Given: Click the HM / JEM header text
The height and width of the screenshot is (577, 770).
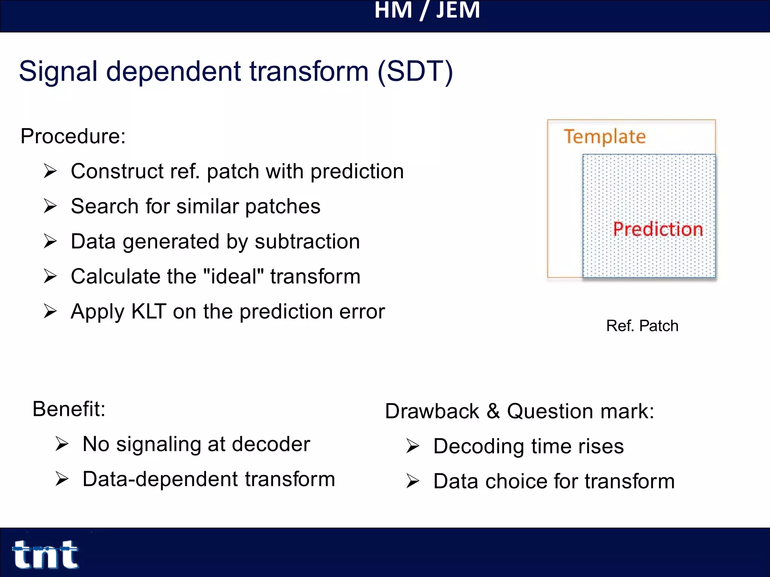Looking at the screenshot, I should pyautogui.click(x=427, y=11).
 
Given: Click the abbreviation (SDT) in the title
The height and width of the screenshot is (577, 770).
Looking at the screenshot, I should pyautogui.click(x=415, y=71).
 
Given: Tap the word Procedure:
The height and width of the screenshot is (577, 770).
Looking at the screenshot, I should pyautogui.click(x=73, y=136).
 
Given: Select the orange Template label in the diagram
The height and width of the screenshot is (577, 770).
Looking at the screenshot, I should pyautogui.click(x=605, y=137).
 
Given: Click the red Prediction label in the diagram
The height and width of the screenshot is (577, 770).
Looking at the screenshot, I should pyautogui.click(x=658, y=229).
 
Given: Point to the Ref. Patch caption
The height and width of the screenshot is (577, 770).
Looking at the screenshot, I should pyautogui.click(x=642, y=326).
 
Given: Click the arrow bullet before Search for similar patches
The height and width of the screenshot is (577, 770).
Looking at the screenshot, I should pyautogui.click(x=50, y=206).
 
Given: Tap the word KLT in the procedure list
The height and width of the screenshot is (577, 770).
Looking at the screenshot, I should pyautogui.click(x=149, y=311).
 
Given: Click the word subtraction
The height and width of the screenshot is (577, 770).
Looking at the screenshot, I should pyautogui.click(x=307, y=241).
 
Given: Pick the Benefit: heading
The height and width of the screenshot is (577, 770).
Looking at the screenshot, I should pyautogui.click(x=69, y=409).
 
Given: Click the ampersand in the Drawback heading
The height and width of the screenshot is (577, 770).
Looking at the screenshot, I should pyautogui.click(x=493, y=411).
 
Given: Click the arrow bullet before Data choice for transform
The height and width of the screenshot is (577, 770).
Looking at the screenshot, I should pyautogui.click(x=412, y=481).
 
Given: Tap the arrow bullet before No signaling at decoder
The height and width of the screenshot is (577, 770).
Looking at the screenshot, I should pyautogui.click(x=62, y=444).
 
